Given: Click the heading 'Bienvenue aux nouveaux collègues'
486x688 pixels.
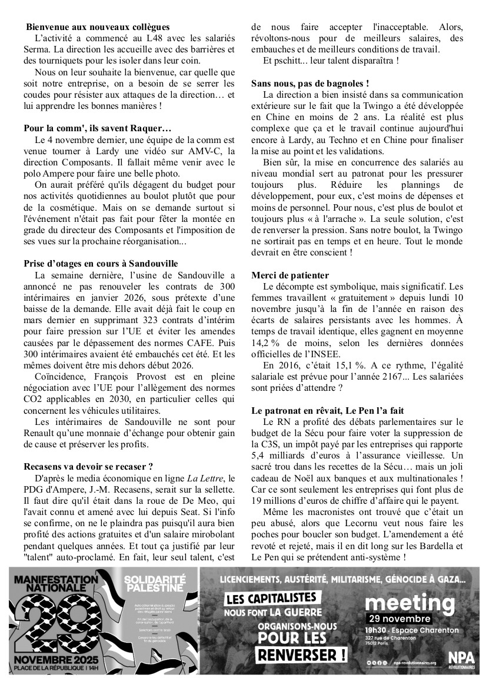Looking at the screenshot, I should [x=98, y=27].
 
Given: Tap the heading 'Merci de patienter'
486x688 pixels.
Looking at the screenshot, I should [x=290, y=275].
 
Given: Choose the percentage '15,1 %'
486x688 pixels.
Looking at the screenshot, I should [x=344, y=364].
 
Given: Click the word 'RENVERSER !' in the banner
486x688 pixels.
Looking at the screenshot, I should [x=300, y=654].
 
